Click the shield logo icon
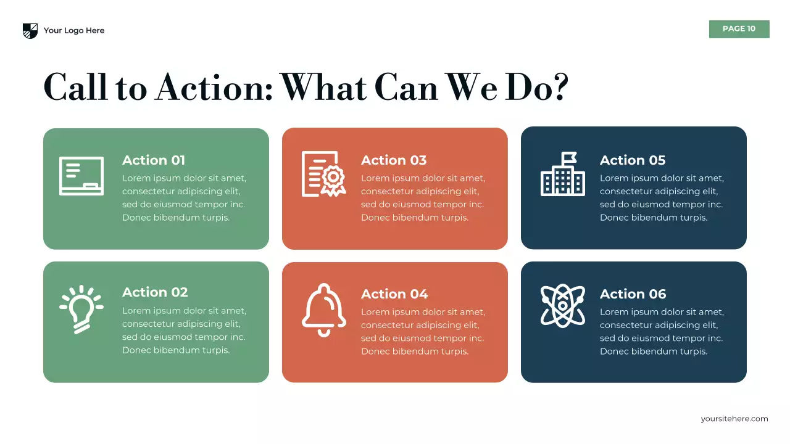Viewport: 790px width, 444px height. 30,31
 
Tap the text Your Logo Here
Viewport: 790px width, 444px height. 74,31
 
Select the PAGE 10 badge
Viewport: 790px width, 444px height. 739,29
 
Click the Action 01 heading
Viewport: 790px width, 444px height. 154,160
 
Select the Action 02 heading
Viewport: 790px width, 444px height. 155,292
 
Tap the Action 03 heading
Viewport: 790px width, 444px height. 394,160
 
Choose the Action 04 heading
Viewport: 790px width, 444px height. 394,294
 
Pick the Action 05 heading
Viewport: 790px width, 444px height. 633,160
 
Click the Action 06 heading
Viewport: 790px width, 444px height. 633,294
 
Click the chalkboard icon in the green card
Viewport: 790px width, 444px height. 81,176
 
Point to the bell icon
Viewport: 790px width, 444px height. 323,310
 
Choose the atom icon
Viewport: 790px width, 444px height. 562,305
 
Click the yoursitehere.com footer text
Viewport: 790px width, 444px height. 734,419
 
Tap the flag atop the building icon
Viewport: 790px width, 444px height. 569,157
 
